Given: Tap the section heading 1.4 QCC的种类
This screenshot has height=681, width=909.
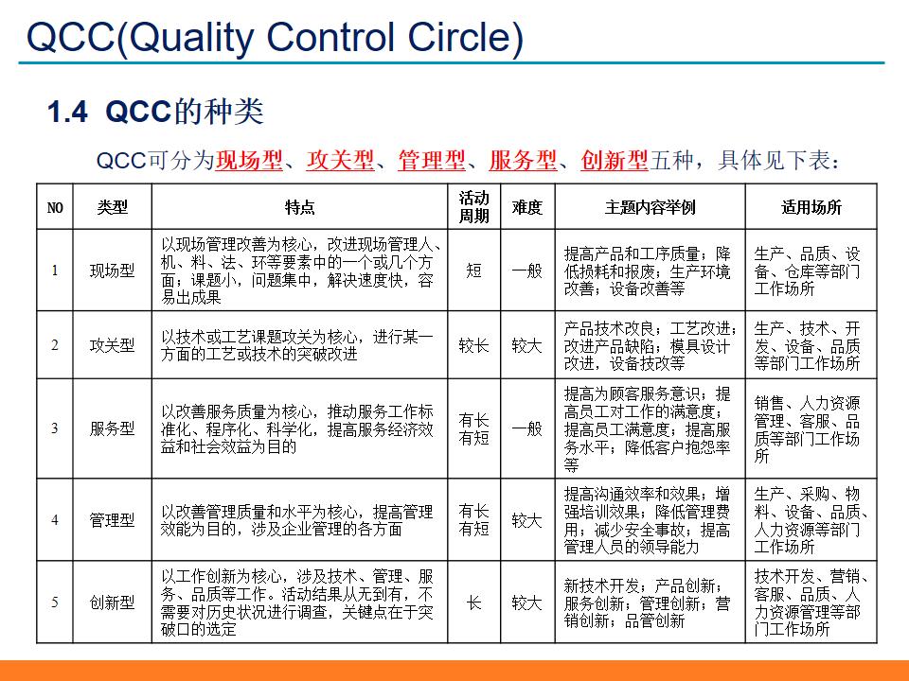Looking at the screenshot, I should click(155, 113).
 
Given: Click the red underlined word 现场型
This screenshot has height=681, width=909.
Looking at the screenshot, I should click(249, 161).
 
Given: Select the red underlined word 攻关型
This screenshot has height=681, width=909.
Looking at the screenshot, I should click(341, 161).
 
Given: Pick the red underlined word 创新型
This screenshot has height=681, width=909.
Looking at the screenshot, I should click(615, 161).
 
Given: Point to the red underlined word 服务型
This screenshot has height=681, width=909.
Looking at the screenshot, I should click(524, 161).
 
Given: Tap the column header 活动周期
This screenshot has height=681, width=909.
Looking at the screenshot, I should click(474, 207).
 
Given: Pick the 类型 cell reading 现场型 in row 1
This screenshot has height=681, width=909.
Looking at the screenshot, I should click(112, 271).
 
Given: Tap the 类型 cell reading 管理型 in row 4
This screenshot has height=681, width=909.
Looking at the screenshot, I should click(112, 520).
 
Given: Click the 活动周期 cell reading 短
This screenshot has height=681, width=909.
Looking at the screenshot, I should click(474, 271).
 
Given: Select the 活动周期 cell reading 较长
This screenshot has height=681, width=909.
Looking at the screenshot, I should click(474, 345).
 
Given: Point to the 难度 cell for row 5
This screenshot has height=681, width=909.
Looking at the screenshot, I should click(527, 602).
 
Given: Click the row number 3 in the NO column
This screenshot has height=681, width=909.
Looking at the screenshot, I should click(55, 428).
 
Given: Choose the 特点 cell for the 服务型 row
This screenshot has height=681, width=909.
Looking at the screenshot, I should click(300, 428).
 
